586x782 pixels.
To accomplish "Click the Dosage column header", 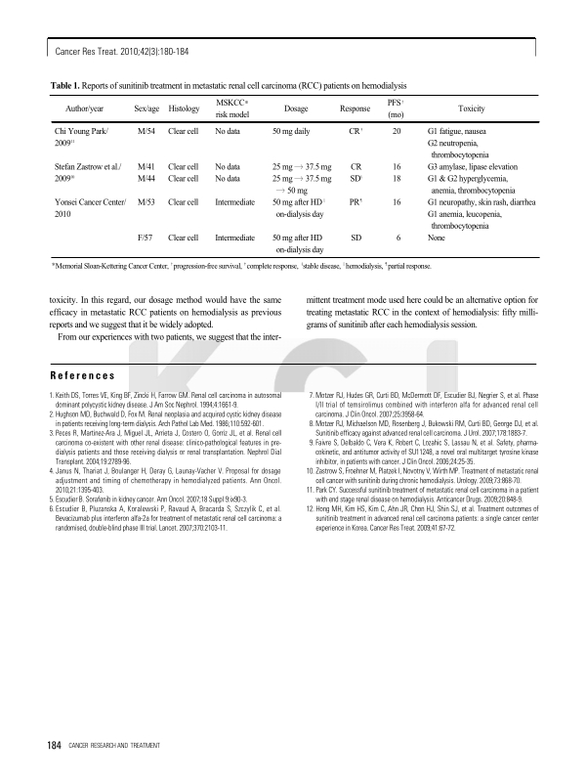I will pyautogui.click(x=296, y=109).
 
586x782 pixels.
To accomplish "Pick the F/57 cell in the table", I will pyautogui.click(x=146, y=237).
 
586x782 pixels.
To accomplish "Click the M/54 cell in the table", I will pyautogui.click(x=146, y=130).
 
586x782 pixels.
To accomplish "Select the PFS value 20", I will pyautogui.click(x=397, y=130).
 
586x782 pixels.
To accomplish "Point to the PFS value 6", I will pyautogui.click(x=397, y=237).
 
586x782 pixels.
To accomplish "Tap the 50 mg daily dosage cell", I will pyautogui.click(x=291, y=130).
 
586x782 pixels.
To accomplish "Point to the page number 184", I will pyautogui.click(x=55, y=748).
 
